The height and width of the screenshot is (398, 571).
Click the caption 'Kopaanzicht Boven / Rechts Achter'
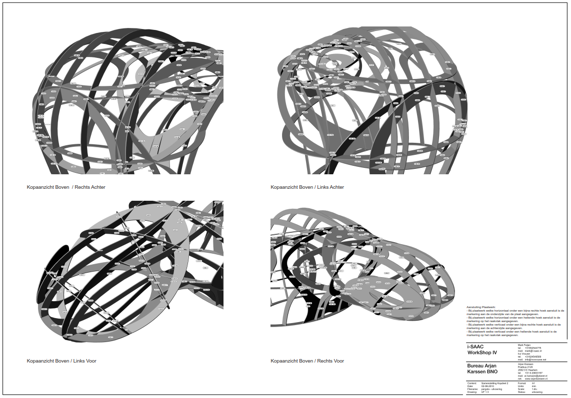click(x=66, y=187)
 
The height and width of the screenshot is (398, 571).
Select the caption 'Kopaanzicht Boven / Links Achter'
click(x=307, y=187)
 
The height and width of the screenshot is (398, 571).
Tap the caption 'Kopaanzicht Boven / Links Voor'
click(x=61, y=361)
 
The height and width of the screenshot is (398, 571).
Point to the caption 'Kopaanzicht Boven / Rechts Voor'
click(x=307, y=361)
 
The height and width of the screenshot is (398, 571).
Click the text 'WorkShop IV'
click(x=482, y=353)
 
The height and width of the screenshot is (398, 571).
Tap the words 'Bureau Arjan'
click(x=481, y=366)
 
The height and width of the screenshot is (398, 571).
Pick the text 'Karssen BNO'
click(x=482, y=372)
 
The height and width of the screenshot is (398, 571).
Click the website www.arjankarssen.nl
click(x=536, y=379)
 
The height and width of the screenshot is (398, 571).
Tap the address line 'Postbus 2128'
click(x=526, y=367)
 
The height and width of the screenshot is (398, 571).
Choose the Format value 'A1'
click(x=533, y=383)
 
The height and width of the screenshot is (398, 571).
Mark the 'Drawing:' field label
click(x=472, y=392)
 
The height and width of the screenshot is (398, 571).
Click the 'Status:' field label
click(x=521, y=392)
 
